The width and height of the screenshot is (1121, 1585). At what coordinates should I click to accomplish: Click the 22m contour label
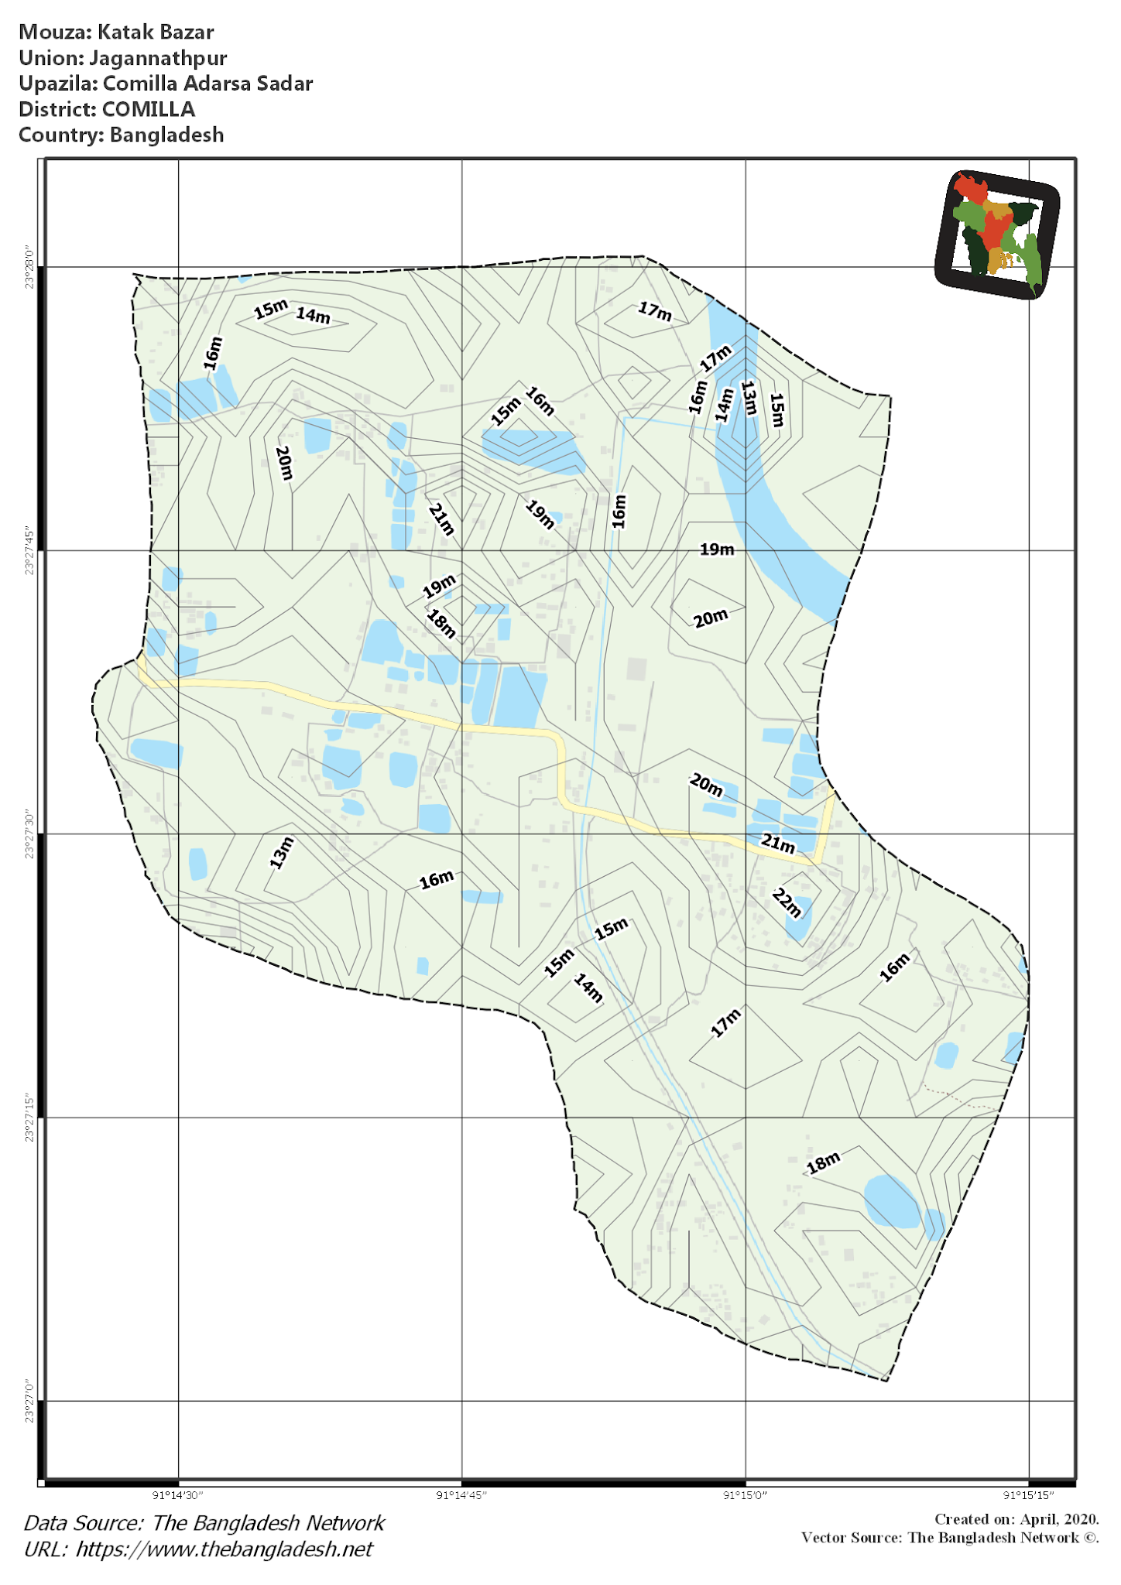[787, 902]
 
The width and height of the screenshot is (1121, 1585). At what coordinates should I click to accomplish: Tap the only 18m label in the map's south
[823, 1162]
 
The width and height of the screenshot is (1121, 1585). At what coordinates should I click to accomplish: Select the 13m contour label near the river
[749, 398]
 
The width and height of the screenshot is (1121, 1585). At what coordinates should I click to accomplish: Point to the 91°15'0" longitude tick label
[746, 1495]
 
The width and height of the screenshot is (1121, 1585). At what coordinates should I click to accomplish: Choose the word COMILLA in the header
[149, 109]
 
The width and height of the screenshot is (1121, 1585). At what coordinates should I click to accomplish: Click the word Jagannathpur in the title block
[158, 58]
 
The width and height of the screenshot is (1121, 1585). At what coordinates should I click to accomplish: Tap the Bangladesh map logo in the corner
[997, 234]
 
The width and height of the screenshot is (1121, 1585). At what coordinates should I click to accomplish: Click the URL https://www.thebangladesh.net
[225, 1549]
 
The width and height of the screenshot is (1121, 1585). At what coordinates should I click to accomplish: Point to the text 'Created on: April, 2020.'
[1016, 1519]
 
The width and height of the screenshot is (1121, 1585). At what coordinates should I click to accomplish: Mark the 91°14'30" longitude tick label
[178, 1495]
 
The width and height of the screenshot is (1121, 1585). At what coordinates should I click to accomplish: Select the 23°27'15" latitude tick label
[29, 1118]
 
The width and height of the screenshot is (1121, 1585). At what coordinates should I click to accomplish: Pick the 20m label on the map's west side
[284, 463]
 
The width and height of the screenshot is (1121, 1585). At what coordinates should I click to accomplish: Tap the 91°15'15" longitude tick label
[1029, 1495]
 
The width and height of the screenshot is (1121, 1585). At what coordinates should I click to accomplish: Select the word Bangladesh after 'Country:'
[166, 135]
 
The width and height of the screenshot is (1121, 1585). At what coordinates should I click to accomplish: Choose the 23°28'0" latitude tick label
[29, 268]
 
